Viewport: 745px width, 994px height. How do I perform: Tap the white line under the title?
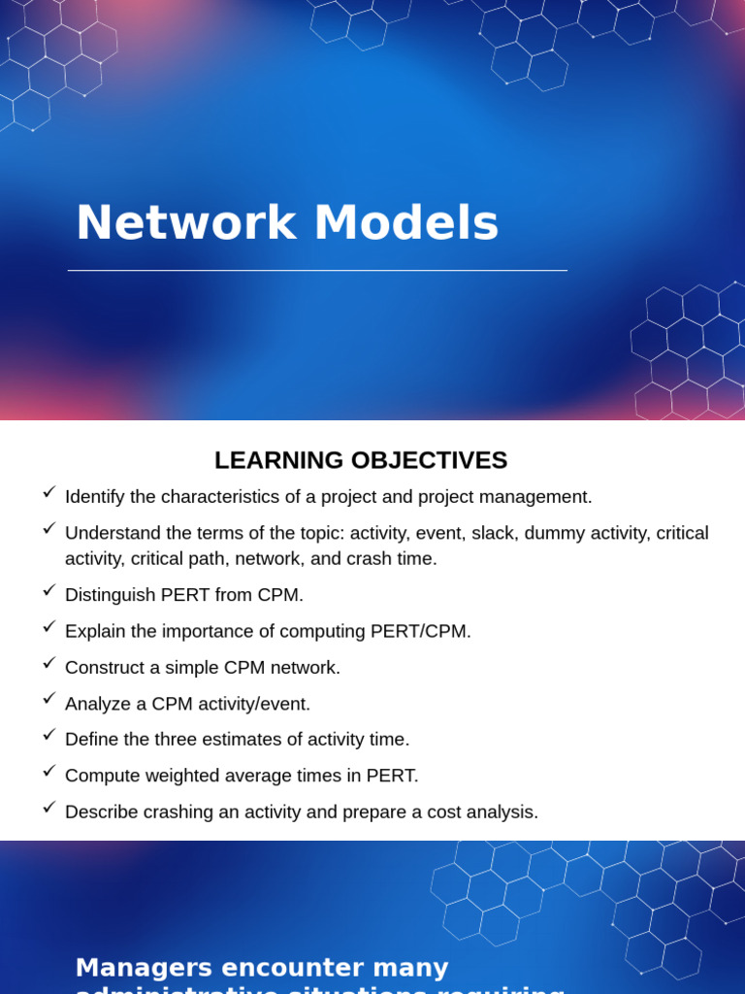point(317,271)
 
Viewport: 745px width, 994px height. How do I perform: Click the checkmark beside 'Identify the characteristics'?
point(49,492)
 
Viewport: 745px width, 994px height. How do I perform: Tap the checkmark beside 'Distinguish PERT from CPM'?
point(49,590)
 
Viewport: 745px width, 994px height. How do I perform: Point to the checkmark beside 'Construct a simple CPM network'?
point(49,663)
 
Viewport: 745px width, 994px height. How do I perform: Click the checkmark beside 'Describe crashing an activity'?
point(49,808)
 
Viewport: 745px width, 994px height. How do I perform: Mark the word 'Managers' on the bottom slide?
point(145,968)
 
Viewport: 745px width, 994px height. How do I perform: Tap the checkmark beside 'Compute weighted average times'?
point(49,771)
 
